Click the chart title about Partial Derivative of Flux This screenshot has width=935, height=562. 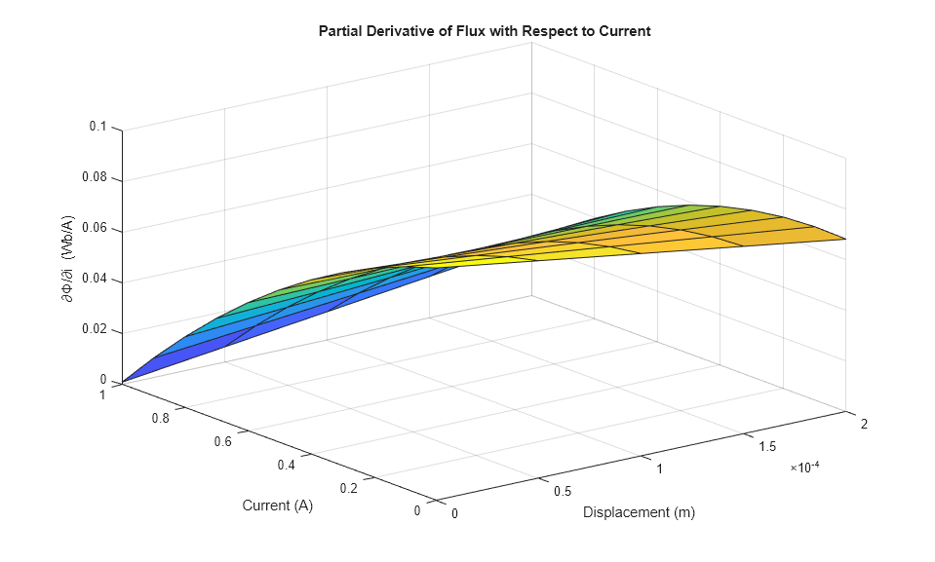485,31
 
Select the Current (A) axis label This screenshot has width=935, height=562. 278,506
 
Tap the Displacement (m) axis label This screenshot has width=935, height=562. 639,512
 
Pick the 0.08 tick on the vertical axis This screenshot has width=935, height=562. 96,179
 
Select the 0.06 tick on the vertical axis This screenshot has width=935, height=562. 96,230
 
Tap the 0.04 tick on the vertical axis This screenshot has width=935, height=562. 96,281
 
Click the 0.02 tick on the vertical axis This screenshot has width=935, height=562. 96,331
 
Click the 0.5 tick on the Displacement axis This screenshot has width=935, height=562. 562,491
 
